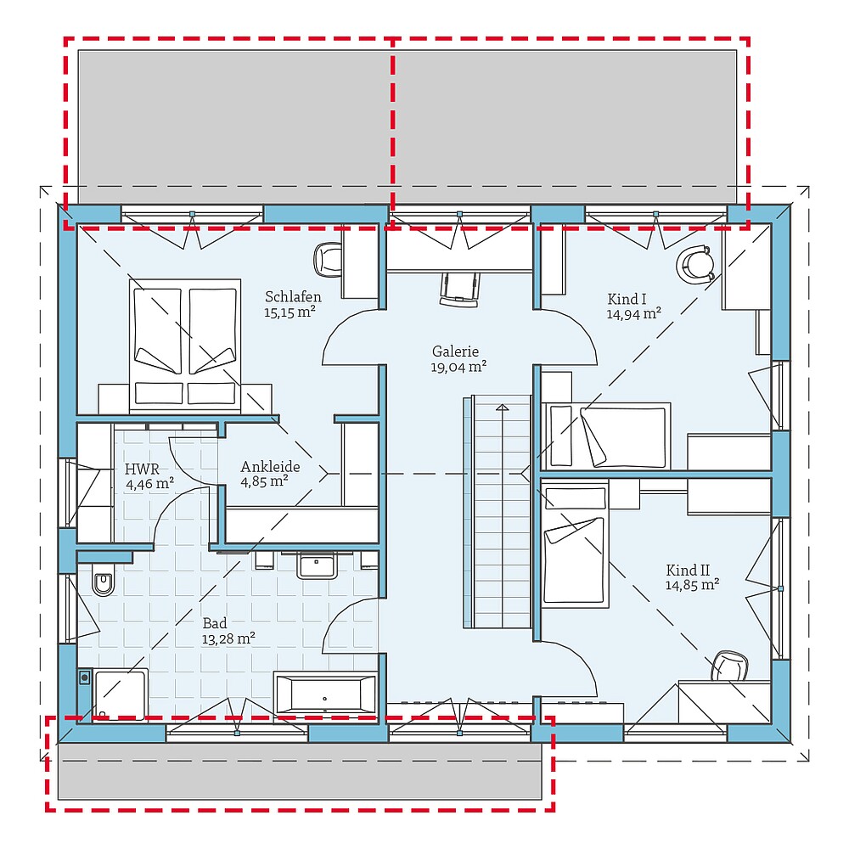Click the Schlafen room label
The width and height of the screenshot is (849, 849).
[293, 296]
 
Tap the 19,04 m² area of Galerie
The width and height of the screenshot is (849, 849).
[459, 367]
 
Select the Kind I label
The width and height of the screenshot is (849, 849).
[627, 299]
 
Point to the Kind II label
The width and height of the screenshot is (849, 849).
[687, 570]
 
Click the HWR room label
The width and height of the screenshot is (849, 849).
[142, 469]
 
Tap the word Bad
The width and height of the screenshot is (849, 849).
[215, 623]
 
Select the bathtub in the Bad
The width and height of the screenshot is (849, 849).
[324, 694]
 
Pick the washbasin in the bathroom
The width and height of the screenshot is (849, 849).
[318, 565]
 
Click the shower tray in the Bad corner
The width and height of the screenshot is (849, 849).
[120, 694]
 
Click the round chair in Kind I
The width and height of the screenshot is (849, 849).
[696, 264]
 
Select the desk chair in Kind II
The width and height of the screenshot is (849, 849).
[729, 666]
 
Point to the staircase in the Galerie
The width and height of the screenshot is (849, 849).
[502, 514]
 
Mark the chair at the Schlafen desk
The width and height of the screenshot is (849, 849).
[327, 260]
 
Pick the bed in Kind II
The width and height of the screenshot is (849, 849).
[576, 543]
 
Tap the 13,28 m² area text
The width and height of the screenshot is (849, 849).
[228, 638]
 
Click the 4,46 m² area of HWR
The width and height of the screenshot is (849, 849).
[150, 484]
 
